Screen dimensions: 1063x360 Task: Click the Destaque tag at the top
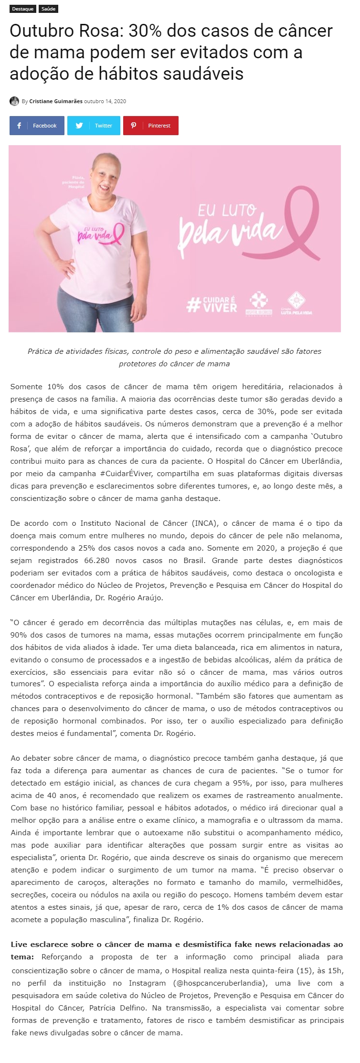point(22,9)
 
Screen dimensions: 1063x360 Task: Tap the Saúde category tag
point(48,9)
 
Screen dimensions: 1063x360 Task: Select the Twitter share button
point(94,126)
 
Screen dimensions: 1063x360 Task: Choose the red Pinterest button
point(150,126)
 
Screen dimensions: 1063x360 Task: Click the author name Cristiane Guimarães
point(56,101)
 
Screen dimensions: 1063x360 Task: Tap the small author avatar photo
point(14,101)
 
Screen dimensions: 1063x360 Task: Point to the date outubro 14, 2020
point(105,101)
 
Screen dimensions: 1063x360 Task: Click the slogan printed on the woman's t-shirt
point(97,233)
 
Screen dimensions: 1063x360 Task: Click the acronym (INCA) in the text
point(204,523)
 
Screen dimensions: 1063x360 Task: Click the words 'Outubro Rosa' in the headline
point(64,31)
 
